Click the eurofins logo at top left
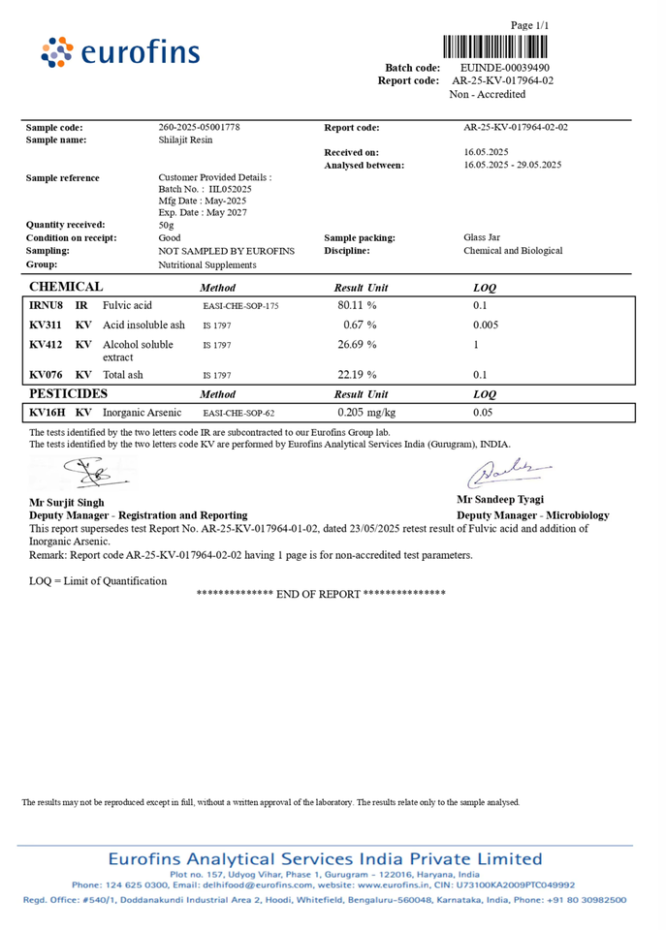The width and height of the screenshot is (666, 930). point(121,51)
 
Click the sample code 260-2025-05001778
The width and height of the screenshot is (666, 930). point(199,128)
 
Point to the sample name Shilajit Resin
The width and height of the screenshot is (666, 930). point(185,140)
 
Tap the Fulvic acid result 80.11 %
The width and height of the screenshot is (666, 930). point(357,305)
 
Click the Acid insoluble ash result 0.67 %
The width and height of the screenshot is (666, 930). point(360,325)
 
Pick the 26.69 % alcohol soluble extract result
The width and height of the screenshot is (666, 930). point(357,344)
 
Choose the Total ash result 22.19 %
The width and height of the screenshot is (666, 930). point(357,374)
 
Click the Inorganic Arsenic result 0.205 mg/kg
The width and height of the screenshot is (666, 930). point(367,413)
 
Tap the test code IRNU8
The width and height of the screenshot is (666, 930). point(46,305)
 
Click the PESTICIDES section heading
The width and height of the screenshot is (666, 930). point(68,394)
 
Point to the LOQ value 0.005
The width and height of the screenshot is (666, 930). point(486,325)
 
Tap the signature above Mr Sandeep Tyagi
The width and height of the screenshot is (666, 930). point(512,474)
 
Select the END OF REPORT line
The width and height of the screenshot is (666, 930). point(321,593)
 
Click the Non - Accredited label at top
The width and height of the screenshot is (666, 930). point(488,94)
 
